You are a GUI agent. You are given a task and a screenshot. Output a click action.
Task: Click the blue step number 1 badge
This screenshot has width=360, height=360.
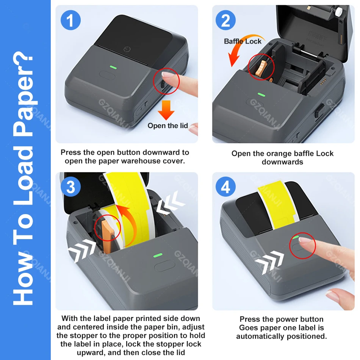(70, 20)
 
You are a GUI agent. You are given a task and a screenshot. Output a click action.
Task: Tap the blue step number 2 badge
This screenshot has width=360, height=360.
(225, 20)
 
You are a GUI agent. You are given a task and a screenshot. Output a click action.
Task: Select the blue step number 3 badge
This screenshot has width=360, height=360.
(70, 186)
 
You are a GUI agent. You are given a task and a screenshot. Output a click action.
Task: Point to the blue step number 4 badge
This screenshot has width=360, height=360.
(225, 186)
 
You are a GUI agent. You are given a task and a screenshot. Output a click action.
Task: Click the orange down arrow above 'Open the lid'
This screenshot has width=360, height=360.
(166, 110)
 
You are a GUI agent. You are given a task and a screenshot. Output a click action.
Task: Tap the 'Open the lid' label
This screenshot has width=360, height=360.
(167, 125)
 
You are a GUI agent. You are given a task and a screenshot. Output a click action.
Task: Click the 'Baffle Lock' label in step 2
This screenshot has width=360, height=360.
(243, 41)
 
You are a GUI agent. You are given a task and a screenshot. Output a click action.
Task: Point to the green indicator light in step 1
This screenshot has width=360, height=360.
(113, 67)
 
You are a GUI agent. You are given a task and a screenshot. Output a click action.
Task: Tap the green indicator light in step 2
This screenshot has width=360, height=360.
(261, 95)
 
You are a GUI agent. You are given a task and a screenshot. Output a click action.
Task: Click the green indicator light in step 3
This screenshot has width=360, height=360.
(158, 255)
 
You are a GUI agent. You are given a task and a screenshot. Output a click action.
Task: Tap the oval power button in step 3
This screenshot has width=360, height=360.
(164, 266)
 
